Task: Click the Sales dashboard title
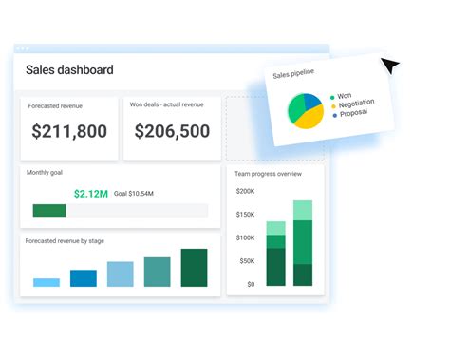point(69,69)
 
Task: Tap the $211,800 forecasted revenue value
point(69,132)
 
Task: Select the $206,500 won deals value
point(172,132)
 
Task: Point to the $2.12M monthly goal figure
point(90,193)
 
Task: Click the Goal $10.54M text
point(134,193)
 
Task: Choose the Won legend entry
point(345,96)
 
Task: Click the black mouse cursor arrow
point(391,66)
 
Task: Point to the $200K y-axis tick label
point(245,191)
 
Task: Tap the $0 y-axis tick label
point(250,284)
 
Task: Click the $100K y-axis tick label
point(245,237)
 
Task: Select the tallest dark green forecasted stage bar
point(194,268)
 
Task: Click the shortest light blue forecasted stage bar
point(47,282)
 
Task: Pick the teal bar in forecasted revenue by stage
point(157,272)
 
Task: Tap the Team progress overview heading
point(270,174)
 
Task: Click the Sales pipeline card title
point(293,73)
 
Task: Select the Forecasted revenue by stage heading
point(65,241)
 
